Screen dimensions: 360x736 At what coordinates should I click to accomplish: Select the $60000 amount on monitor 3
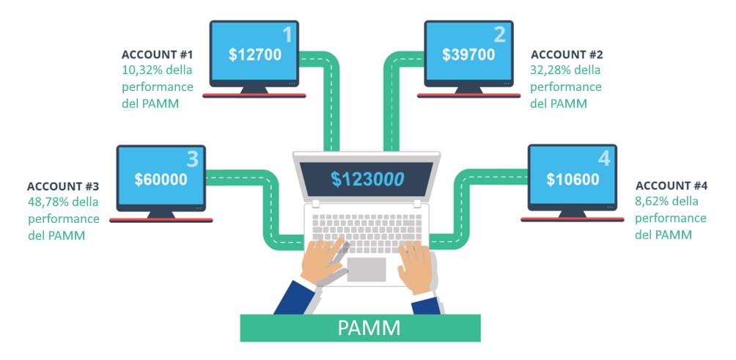[161, 179]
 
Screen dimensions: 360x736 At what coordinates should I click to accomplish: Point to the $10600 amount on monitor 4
[573, 179]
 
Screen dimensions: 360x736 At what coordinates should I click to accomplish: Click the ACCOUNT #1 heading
[157, 55]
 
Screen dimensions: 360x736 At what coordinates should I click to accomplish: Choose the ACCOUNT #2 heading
[567, 55]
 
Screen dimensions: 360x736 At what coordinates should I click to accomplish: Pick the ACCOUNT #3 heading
[63, 186]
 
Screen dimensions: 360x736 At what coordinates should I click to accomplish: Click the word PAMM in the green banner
[369, 328]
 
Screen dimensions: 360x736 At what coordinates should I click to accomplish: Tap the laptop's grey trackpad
[366, 268]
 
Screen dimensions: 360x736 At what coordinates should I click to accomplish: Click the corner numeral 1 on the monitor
[287, 34]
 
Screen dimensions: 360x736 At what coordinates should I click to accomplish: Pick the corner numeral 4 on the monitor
[603, 158]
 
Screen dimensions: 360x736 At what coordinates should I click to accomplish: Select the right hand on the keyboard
[416, 262]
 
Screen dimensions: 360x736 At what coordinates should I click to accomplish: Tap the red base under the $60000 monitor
[161, 220]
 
